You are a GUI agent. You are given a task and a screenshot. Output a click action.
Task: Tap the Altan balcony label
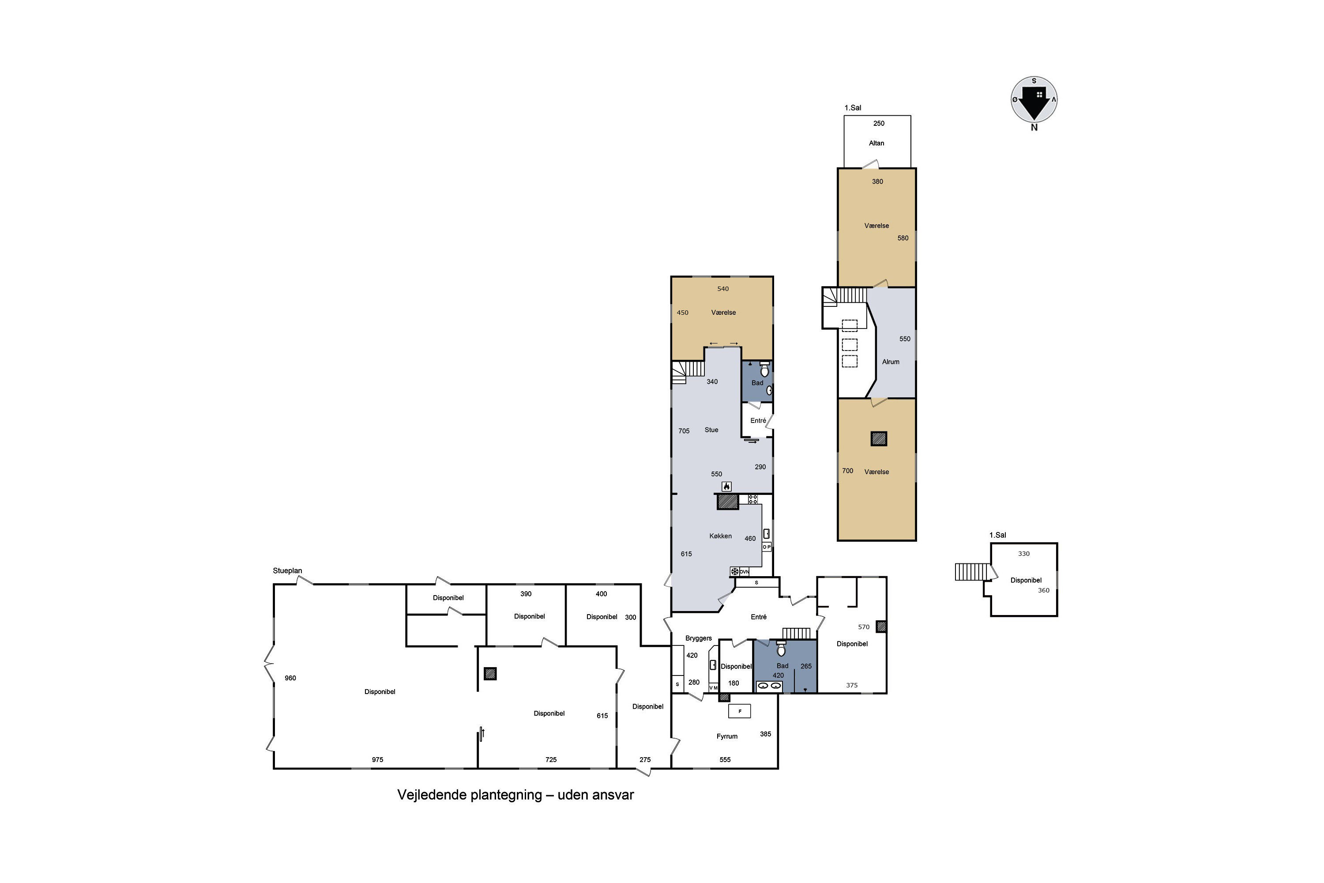876,143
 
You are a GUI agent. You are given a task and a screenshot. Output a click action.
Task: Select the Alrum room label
891,362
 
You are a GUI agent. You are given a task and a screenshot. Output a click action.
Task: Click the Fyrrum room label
727,736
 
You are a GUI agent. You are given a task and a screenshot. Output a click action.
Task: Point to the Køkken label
721,536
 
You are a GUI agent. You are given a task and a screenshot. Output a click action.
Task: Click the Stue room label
711,430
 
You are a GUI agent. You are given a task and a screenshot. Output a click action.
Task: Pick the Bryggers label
699,638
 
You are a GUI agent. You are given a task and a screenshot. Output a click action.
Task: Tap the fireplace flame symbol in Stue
727,487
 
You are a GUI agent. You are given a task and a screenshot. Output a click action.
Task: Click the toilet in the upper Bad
764,370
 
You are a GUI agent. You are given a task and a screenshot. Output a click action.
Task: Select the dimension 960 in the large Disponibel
290,678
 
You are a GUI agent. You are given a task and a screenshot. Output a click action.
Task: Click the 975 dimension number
378,760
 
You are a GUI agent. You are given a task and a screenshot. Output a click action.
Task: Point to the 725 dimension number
551,760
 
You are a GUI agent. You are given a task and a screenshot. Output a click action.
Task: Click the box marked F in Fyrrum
740,711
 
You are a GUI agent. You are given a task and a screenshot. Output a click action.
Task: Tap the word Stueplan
288,570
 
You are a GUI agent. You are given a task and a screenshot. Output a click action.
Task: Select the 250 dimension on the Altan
879,123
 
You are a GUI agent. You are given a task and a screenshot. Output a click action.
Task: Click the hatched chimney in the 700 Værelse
879,439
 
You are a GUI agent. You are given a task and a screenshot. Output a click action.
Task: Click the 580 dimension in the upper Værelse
903,238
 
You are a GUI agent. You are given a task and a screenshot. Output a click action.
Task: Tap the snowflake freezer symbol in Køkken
735,572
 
